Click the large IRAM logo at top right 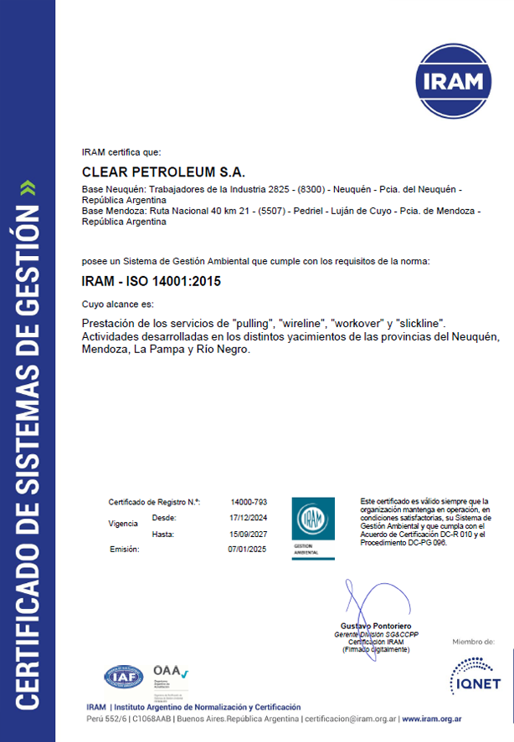(457, 81)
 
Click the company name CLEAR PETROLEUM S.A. (163, 173)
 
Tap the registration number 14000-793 (248, 502)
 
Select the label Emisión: (124, 549)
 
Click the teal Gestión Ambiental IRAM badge (312, 528)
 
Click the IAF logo (123, 677)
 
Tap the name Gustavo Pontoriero (376, 627)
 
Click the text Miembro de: (473, 642)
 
